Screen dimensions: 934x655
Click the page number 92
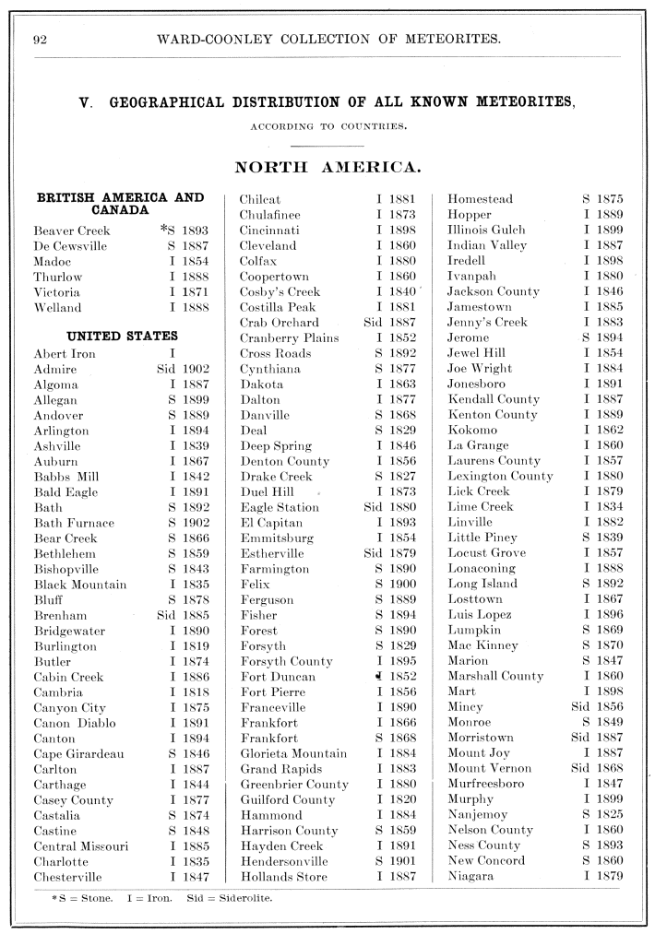(41, 39)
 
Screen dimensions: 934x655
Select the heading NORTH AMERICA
(327, 167)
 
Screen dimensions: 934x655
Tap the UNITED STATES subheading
(122, 337)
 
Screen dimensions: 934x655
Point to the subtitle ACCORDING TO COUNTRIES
(327, 126)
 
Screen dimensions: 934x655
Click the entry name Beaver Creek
(72, 231)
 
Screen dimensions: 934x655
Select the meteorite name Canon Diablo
(77, 723)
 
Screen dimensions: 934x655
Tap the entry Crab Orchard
(279, 323)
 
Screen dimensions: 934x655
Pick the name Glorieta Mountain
(294, 753)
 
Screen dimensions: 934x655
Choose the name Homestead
(480, 199)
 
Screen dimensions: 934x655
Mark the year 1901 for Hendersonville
(399, 861)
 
